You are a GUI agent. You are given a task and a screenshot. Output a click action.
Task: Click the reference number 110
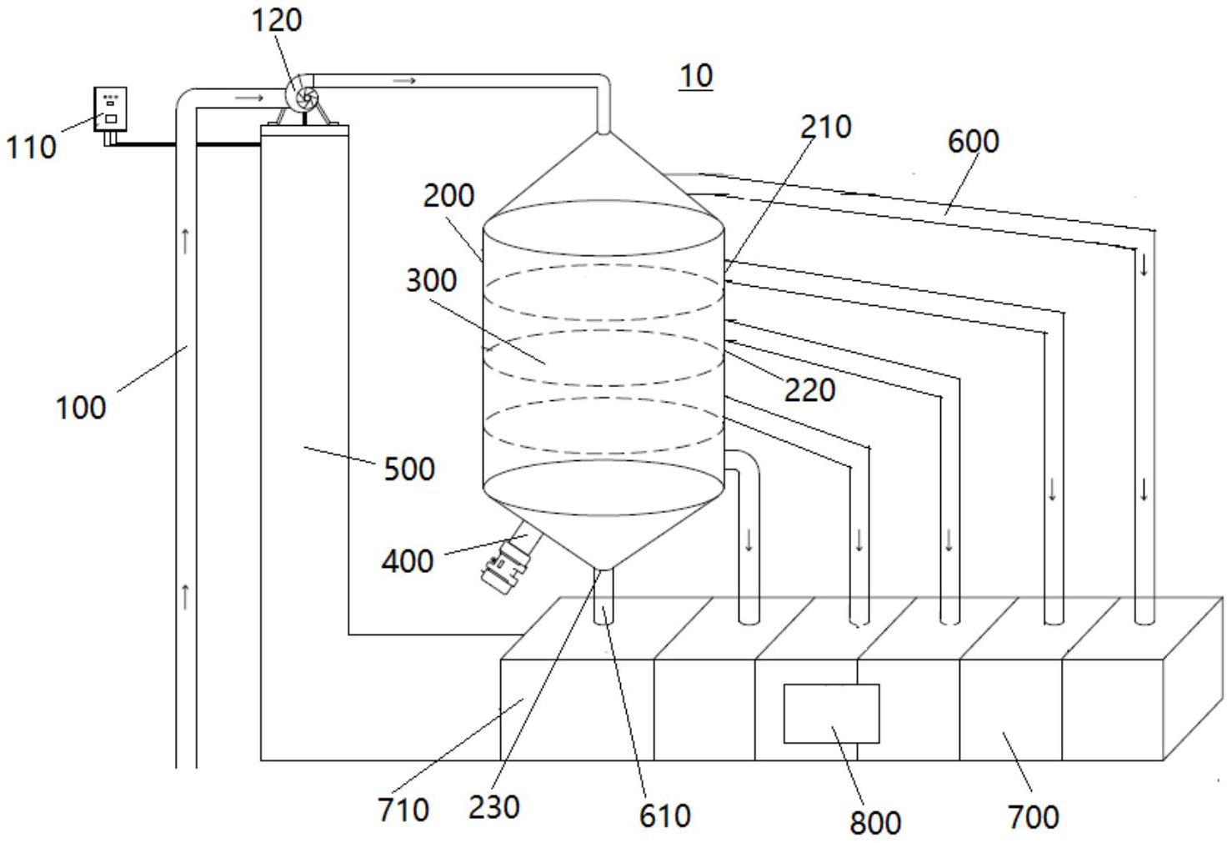tap(32, 147)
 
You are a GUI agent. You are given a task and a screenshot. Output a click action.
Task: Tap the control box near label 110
tap(111, 109)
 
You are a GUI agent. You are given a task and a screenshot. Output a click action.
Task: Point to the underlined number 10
tap(696, 76)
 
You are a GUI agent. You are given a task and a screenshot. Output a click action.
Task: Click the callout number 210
tap(825, 127)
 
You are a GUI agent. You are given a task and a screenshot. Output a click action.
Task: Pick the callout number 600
tap(973, 141)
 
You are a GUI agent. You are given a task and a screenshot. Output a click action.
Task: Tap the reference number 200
tap(448, 195)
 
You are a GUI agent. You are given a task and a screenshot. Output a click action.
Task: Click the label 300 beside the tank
tap(432, 280)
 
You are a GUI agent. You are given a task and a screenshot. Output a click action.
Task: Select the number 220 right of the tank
tap(809, 390)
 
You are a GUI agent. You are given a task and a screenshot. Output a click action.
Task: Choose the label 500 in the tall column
tap(409, 469)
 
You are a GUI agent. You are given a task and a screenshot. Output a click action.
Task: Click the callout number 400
tap(408, 561)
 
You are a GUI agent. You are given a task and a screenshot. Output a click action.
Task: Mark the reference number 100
tap(81, 408)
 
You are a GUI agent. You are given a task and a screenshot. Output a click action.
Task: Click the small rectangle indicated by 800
tap(831, 713)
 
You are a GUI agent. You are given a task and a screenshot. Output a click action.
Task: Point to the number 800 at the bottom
tap(875, 823)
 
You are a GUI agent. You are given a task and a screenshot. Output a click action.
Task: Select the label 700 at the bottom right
tap(1034, 817)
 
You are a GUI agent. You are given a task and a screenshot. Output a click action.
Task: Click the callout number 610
tap(664, 816)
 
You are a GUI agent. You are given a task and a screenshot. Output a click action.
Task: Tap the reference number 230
tap(494, 808)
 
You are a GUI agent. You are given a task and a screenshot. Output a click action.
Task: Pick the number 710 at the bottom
tap(403, 810)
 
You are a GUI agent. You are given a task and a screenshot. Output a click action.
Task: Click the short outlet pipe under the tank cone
tap(603, 596)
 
